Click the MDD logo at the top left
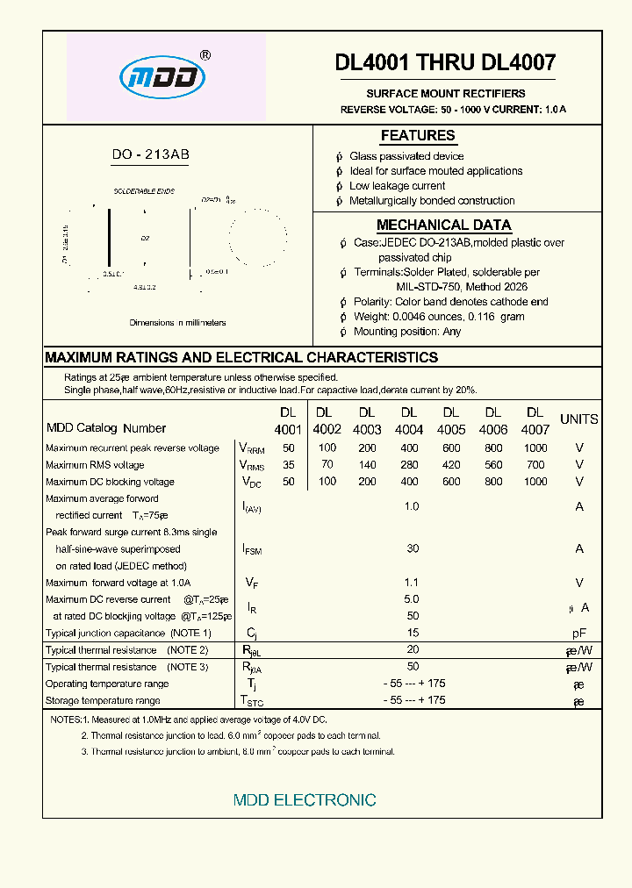point(162,78)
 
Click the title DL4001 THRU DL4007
point(445,62)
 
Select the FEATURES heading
point(418,135)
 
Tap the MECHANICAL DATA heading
point(443,225)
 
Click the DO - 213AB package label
point(150,154)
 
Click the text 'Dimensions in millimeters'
point(177,323)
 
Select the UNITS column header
point(578,419)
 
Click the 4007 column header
point(535,429)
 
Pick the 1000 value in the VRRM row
point(535,448)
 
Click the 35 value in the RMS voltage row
point(288,464)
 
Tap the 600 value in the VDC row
point(451,481)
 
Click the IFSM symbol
point(251,549)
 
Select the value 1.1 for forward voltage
point(411,583)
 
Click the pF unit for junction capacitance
point(579,633)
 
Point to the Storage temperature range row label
point(103,700)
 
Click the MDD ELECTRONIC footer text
point(305,800)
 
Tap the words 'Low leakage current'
point(397,186)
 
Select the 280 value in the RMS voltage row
point(408,464)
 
